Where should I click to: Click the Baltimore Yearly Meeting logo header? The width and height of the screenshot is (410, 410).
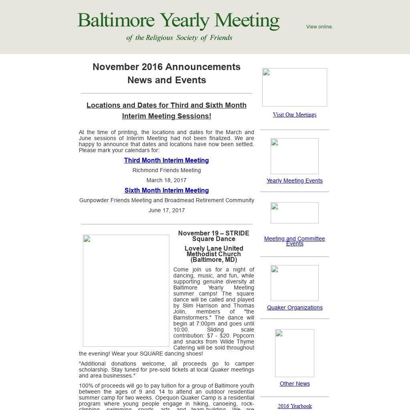[178, 26]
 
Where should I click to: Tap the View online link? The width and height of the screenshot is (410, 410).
[320, 27]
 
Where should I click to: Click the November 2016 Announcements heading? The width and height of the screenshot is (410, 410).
[167, 67]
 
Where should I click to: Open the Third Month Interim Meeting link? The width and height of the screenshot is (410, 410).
[167, 160]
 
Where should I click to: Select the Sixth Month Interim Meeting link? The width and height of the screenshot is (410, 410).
[167, 190]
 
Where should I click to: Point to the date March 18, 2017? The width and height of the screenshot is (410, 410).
[167, 180]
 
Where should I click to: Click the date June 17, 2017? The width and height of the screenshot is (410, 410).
[167, 210]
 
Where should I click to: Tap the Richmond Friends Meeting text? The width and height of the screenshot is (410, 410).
[167, 170]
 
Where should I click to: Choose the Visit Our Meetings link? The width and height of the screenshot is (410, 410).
[295, 115]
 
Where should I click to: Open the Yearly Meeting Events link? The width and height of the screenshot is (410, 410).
[295, 181]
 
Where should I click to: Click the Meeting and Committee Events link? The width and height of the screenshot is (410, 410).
[295, 241]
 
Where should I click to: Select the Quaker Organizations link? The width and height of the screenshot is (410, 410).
[295, 307]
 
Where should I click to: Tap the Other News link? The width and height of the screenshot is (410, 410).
[295, 384]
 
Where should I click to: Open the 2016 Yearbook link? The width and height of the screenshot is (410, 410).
[295, 406]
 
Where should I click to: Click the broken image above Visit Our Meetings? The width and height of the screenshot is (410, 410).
[295, 87]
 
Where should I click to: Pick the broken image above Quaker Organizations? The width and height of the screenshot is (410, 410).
[295, 283]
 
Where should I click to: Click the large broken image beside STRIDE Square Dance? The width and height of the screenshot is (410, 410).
[126, 291]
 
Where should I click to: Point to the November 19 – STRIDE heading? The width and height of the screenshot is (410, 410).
[214, 236]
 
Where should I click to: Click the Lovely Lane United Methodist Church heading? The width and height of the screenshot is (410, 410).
[214, 254]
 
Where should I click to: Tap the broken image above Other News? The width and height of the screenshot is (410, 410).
[295, 353]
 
